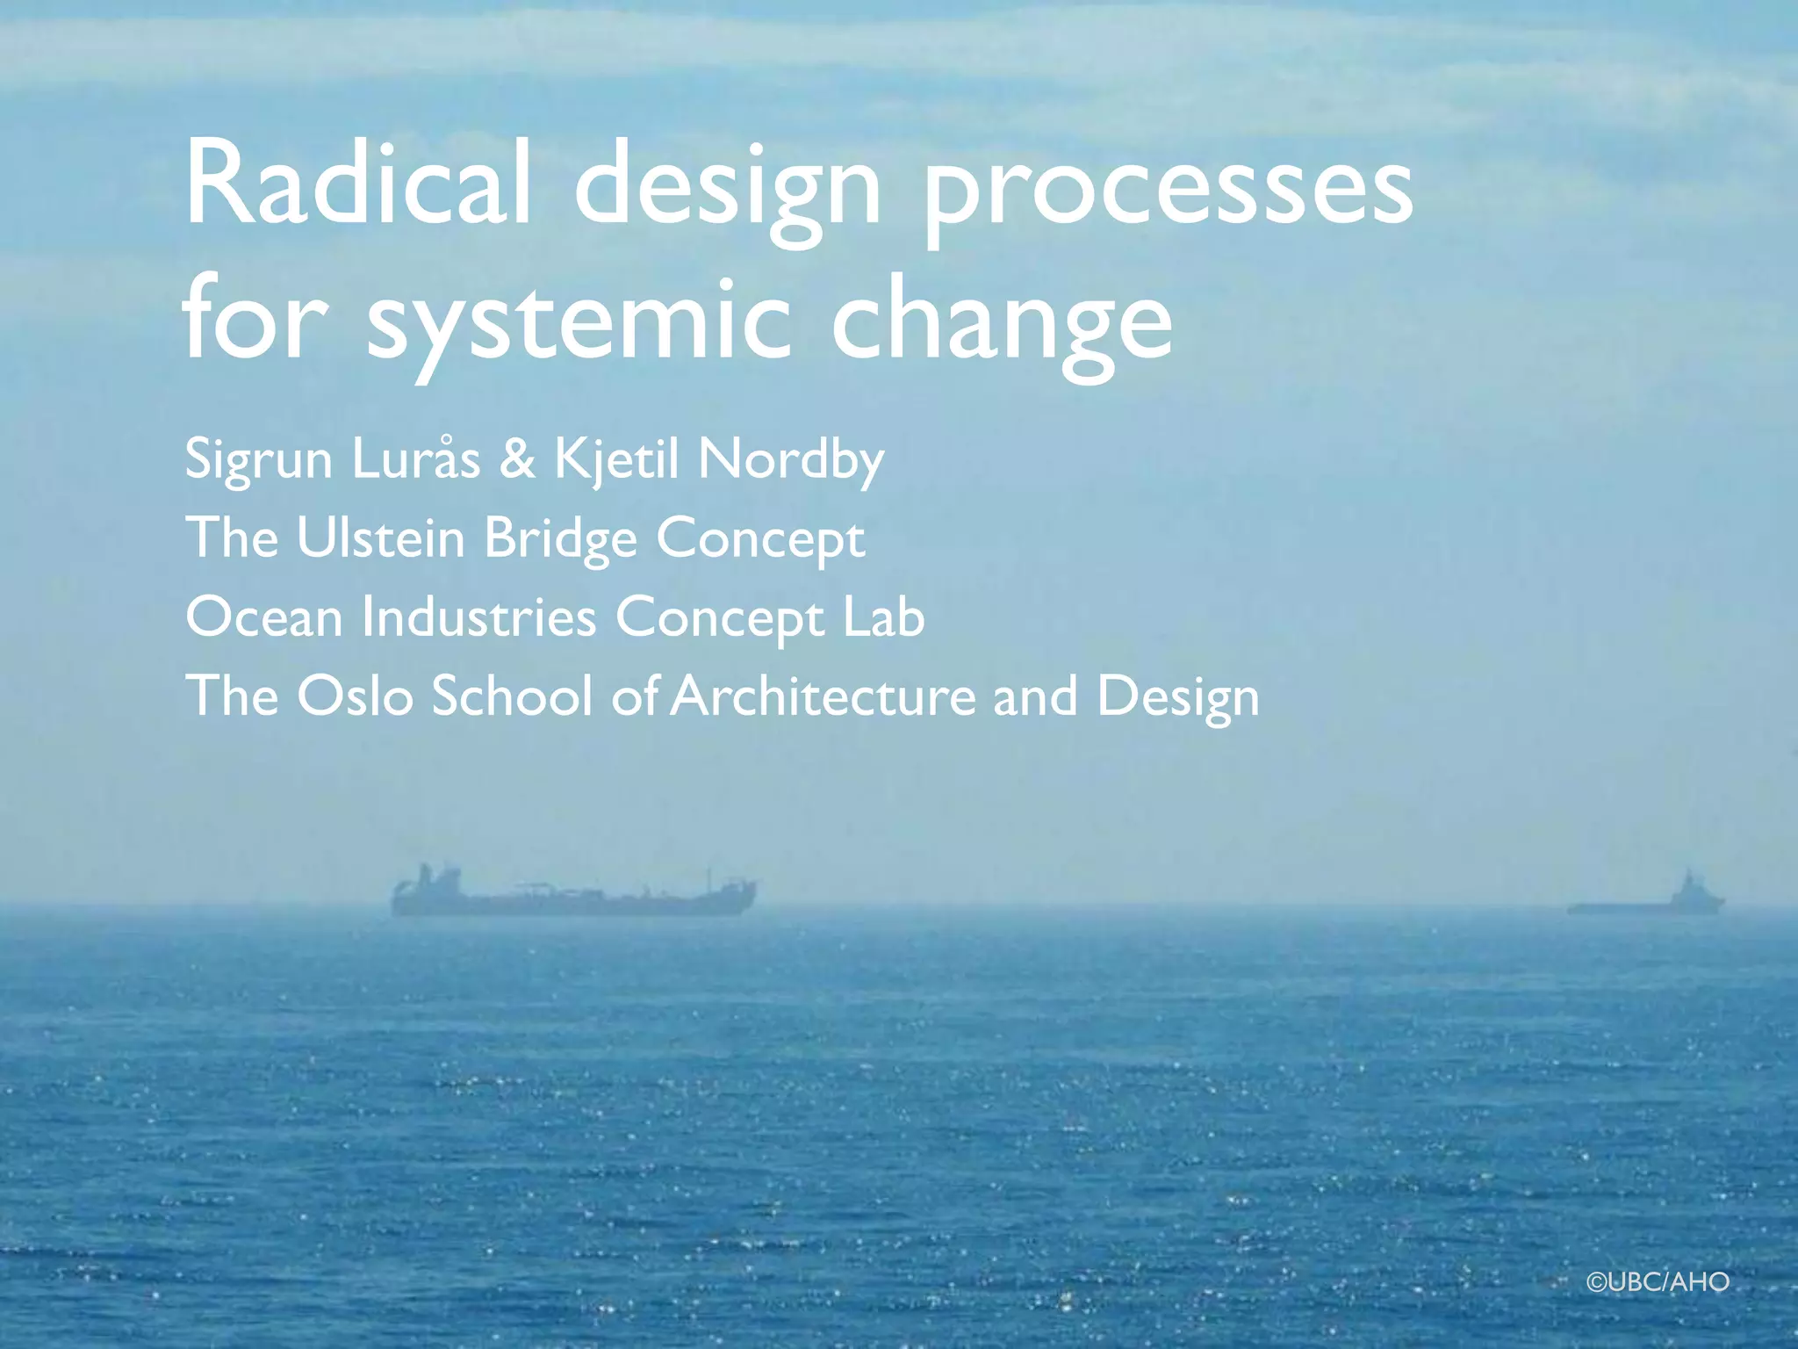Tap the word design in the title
point(727,189)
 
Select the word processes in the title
point(1168,189)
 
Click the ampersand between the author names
point(517,458)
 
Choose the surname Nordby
point(790,460)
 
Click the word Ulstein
point(380,537)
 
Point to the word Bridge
point(560,539)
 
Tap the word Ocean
point(264,617)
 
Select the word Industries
point(479,617)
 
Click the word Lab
point(883,617)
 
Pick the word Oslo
point(355,696)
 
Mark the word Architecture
point(823,696)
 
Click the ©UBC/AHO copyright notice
point(1658,1282)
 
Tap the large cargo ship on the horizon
point(572,894)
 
